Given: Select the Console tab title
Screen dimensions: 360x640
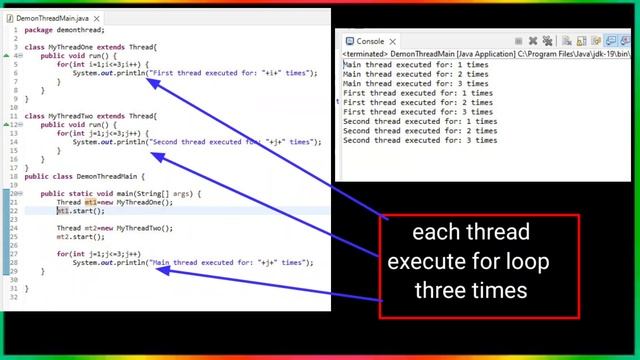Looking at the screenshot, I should [370, 41].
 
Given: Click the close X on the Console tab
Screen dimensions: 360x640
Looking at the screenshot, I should [393, 41].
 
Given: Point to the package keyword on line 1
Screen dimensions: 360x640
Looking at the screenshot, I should [38, 30].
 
